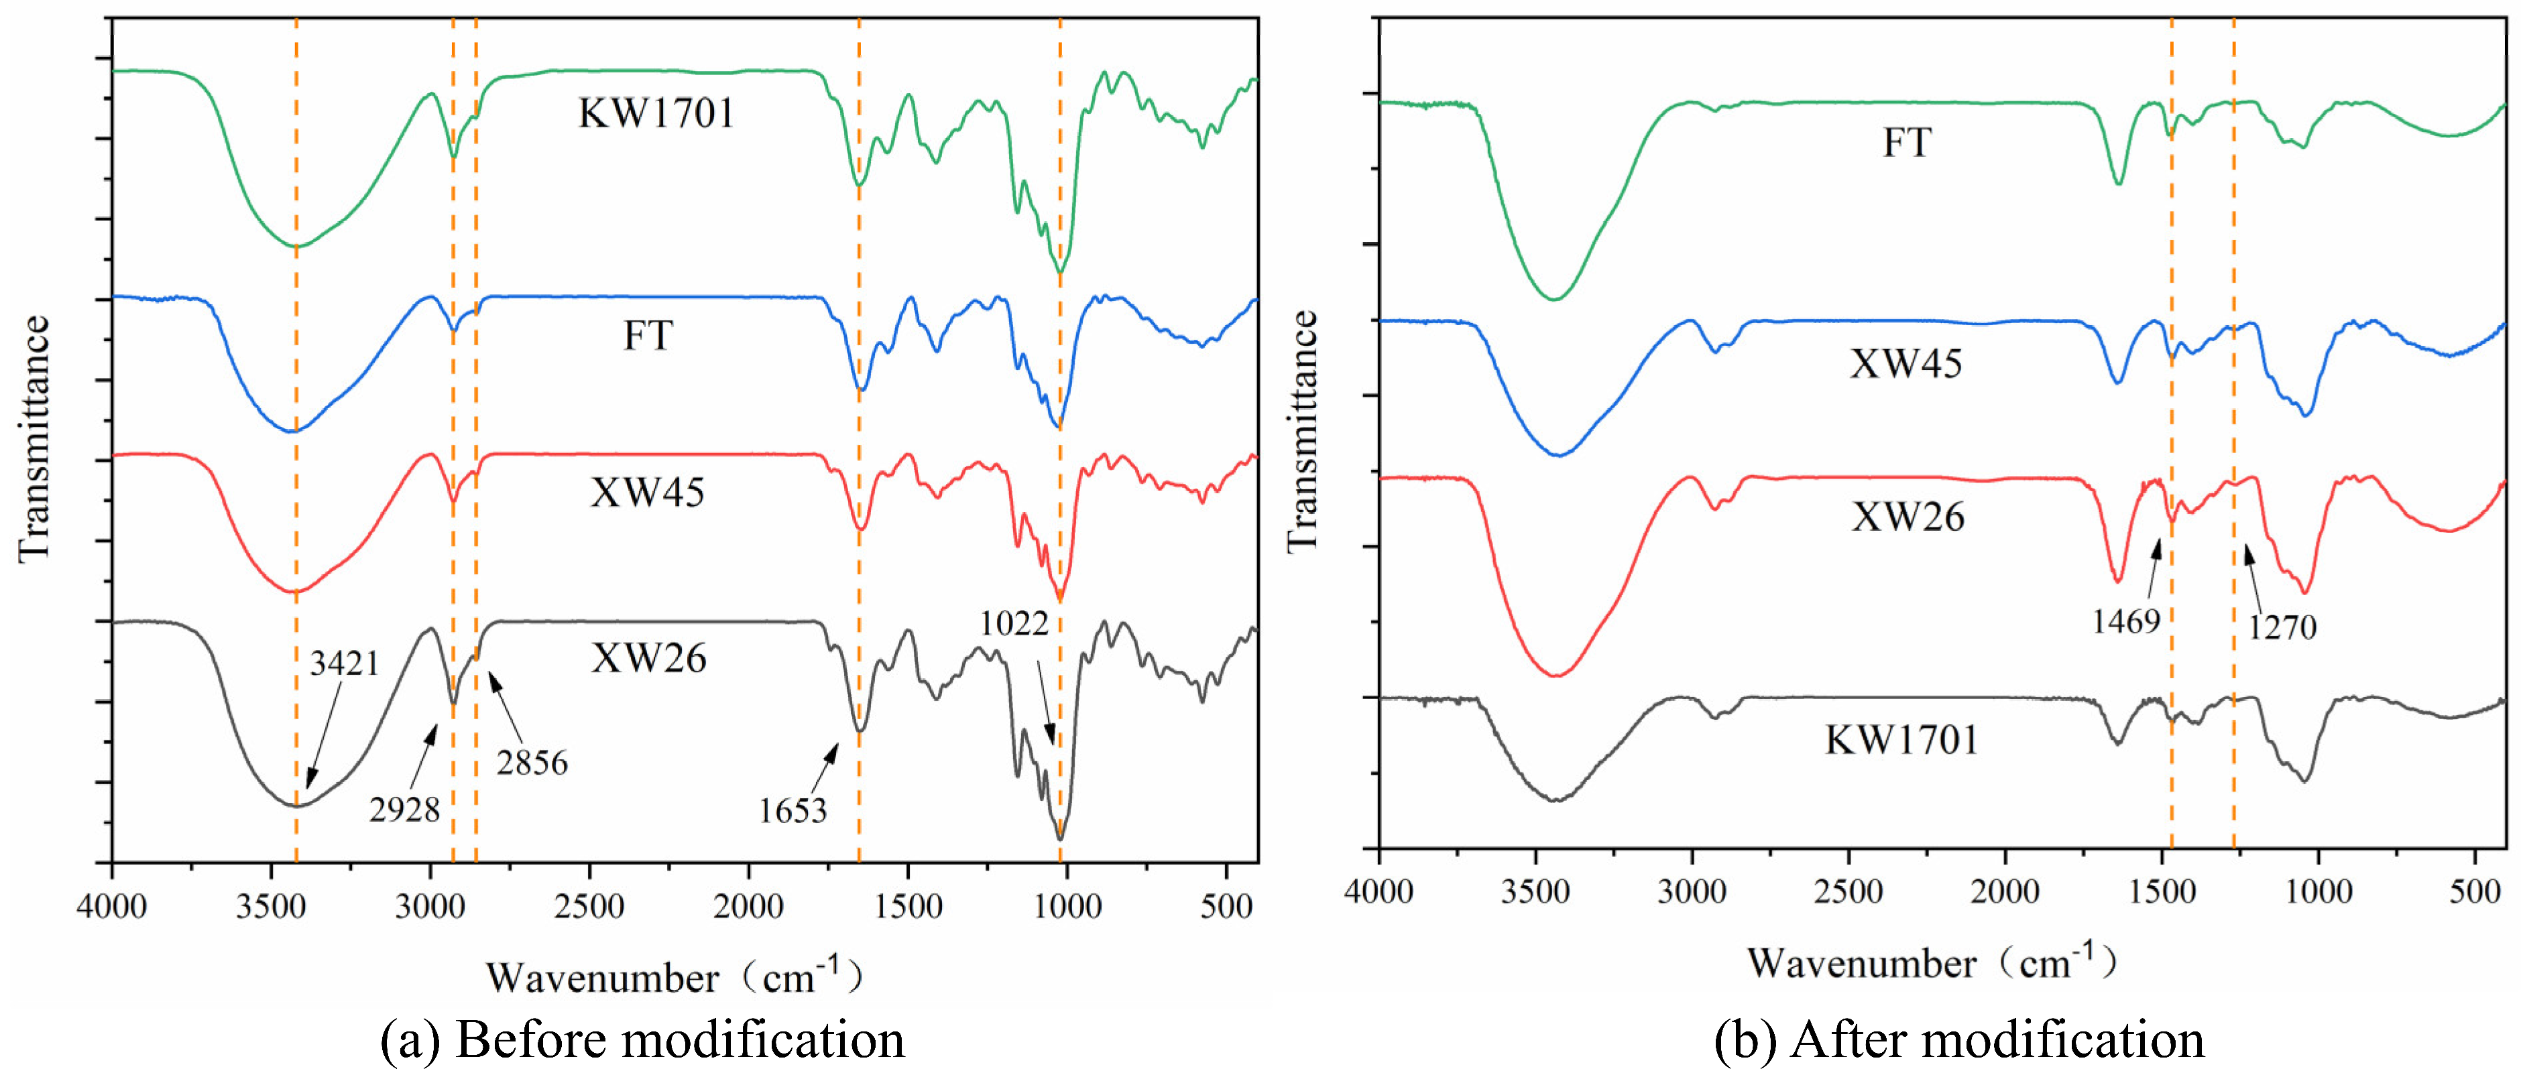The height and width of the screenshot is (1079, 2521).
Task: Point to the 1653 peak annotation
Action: pos(793,811)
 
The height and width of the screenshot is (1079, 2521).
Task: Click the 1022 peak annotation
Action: pos(1014,624)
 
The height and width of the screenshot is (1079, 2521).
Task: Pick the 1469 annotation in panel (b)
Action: pos(2125,622)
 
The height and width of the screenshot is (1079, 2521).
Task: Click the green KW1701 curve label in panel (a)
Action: pos(656,113)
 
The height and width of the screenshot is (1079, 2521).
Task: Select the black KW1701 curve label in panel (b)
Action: pos(1901,739)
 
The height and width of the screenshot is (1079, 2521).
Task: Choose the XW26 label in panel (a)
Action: pos(648,658)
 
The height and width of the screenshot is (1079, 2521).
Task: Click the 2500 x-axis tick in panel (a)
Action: pos(589,906)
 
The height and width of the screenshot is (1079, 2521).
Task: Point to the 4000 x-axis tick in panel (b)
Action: pos(1378,892)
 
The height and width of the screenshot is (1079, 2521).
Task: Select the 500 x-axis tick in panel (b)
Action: pos(2474,892)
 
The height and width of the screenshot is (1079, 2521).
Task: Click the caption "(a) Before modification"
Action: pos(642,1039)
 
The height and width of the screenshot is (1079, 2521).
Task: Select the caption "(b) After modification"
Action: pos(1958,1039)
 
